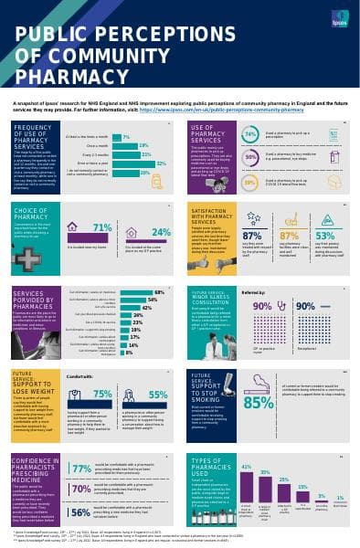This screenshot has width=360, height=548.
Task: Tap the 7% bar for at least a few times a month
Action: pyautogui.click(x=127, y=136)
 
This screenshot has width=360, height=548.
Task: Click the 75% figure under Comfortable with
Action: pyautogui.click(x=102, y=368)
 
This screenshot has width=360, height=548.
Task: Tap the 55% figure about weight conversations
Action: pyautogui.click(x=157, y=368)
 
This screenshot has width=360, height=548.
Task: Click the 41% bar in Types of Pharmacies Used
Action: pyautogui.click(x=245, y=468)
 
